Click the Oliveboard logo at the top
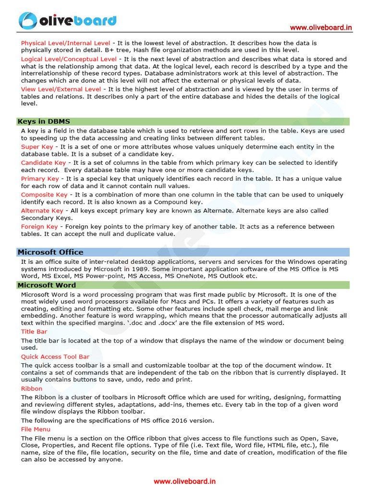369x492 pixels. [x=68, y=20]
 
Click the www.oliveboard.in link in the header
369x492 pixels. [x=320, y=28]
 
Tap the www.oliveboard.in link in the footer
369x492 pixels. [x=184, y=481]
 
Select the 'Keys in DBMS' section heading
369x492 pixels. [x=44, y=122]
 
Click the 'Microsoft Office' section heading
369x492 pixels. [x=50, y=252]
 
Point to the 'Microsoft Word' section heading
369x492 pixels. [x=47, y=285]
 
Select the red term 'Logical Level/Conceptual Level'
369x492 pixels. [x=69, y=59]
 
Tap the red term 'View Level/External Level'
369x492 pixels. [x=61, y=89]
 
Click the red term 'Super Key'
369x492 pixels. [x=37, y=147]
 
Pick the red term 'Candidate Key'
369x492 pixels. [x=43, y=163]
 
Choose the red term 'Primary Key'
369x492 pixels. [x=40, y=179]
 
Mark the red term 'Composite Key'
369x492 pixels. [x=44, y=195]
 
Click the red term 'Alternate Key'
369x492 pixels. [x=42, y=211]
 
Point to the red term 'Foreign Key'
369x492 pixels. [x=39, y=227]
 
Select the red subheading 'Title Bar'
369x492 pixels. [x=34, y=332]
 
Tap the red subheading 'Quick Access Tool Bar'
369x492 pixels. [x=55, y=357]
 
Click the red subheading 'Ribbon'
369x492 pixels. [x=32, y=388]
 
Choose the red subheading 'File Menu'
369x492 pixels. [x=36, y=429]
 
